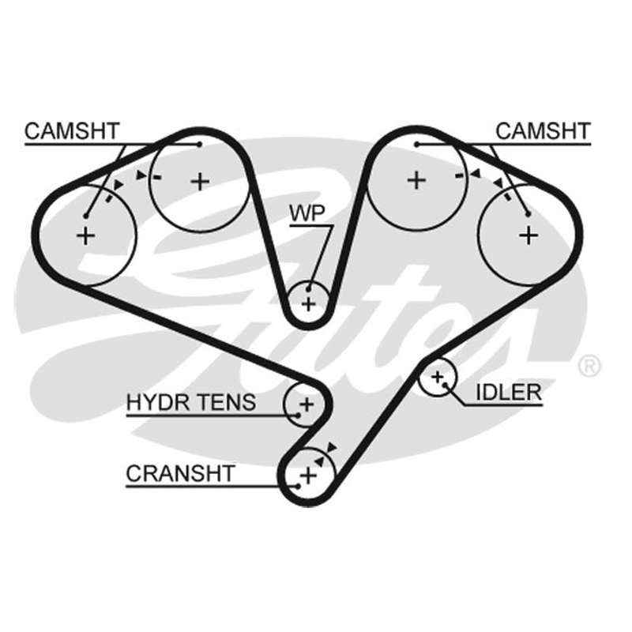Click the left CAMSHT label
click(x=72, y=131)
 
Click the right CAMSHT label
click(x=543, y=131)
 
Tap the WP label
click(x=307, y=213)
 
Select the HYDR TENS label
click(x=191, y=402)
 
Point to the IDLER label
click(x=509, y=393)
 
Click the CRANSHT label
click(x=180, y=473)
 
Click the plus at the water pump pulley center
click(x=308, y=304)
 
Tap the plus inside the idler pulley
click(x=437, y=378)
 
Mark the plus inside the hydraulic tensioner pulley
click(x=307, y=404)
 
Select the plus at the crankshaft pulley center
click(x=309, y=476)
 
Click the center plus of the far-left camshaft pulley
click(x=85, y=235)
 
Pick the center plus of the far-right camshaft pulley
click(x=529, y=235)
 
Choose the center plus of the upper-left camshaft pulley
click(x=201, y=182)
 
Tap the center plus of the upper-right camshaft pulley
click(x=417, y=180)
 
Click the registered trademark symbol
click(x=589, y=365)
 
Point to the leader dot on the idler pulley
click(x=445, y=385)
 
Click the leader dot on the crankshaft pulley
click(x=298, y=487)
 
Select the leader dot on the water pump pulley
click(x=308, y=289)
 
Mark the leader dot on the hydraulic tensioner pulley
click(x=299, y=416)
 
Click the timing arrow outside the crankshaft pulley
click(x=331, y=447)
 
